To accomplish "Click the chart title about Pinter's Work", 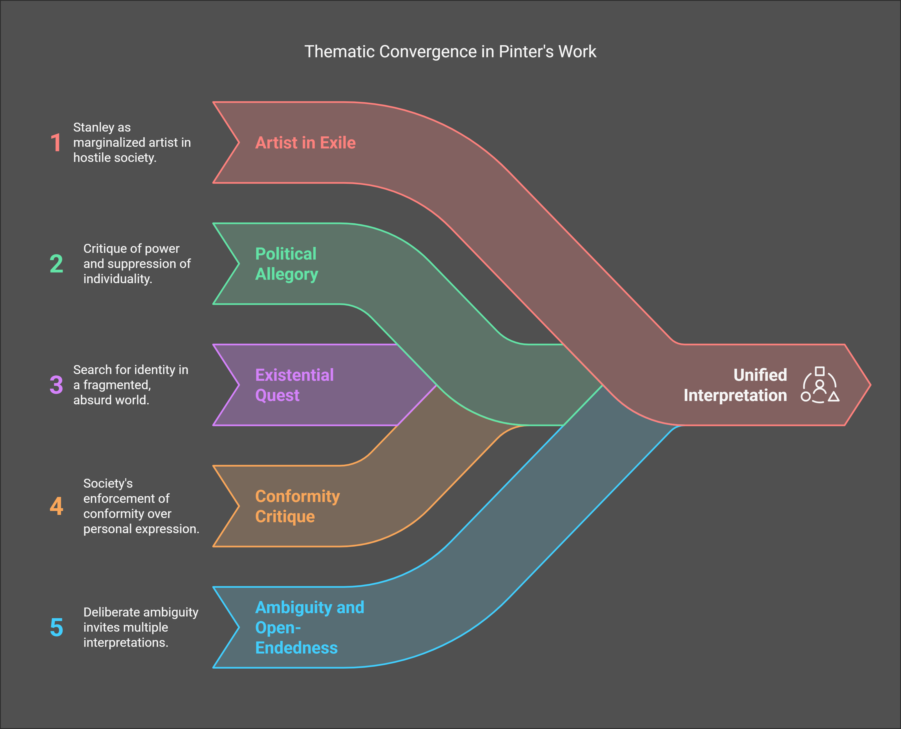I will point(450,52).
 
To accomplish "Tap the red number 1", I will point(56,143).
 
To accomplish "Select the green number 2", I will point(56,264).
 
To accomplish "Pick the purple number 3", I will point(56,385).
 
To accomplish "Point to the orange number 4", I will point(56,506).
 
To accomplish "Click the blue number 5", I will point(56,627).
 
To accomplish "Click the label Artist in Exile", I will point(305,143).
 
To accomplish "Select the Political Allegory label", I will point(287,264).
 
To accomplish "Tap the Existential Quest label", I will point(294,385).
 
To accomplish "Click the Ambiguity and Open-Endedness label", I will point(309,627).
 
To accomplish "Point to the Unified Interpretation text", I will point(735,385).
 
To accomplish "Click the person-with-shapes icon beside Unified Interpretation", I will point(820,385).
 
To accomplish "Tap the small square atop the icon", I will point(820,371).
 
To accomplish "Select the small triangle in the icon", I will point(834,396).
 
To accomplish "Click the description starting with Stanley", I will point(132,142).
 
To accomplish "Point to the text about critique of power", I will point(137,264).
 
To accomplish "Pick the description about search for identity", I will point(131,385).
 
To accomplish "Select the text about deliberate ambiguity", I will point(141,627).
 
